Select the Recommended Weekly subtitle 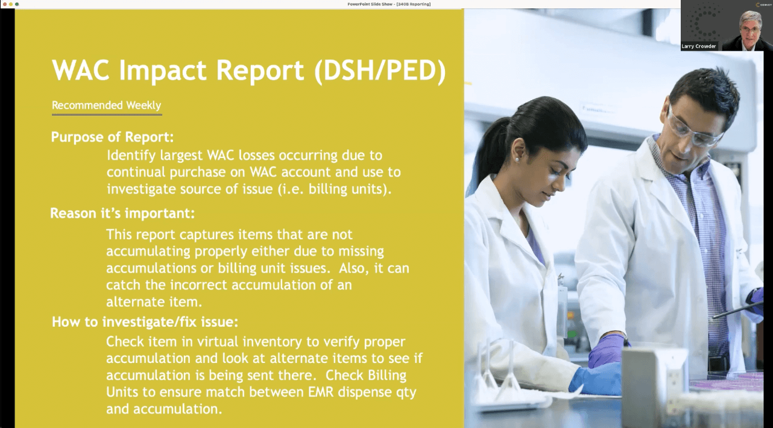[106, 105]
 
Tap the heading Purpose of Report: [112, 137]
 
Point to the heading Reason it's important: [122, 213]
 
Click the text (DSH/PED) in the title [380, 71]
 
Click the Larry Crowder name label [699, 46]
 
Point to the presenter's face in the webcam [750, 27]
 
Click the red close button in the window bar [4, 4]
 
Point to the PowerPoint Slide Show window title [388, 4]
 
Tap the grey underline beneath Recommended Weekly [106, 114]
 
